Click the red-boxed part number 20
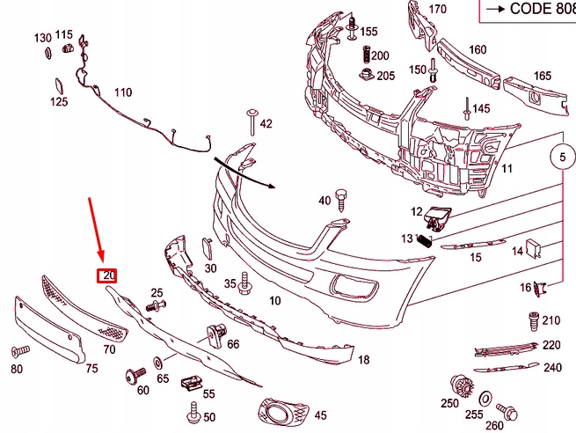click(x=107, y=275)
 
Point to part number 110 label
click(x=122, y=92)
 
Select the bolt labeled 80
click(x=19, y=350)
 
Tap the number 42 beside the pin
click(x=266, y=124)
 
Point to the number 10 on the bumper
click(x=274, y=300)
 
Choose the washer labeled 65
click(x=157, y=362)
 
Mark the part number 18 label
click(x=363, y=359)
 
